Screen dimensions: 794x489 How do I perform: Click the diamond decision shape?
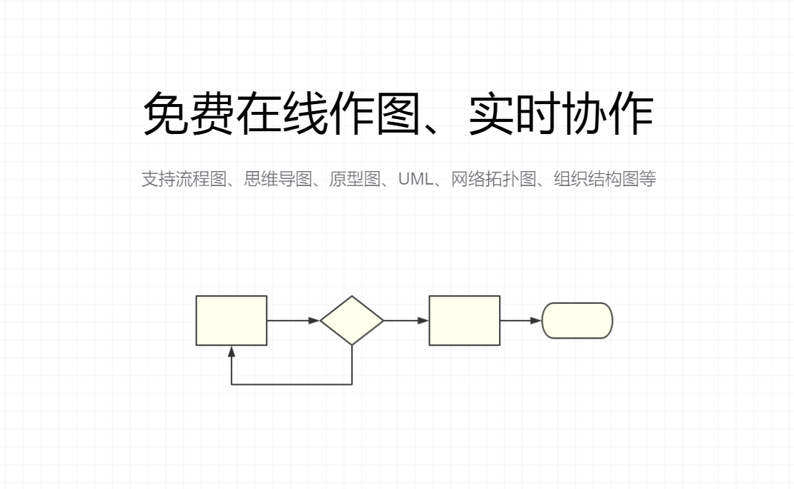click(x=352, y=321)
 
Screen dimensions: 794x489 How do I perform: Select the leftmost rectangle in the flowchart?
click(x=232, y=321)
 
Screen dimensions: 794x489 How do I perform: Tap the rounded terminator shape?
click(x=577, y=321)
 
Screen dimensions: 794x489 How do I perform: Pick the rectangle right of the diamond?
click(x=464, y=321)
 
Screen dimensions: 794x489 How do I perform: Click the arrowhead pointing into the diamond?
click(x=314, y=321)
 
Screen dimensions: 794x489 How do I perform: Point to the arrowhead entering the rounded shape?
click(x=536, y=321)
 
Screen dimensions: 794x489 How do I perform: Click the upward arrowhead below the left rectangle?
click(x=232, y=352)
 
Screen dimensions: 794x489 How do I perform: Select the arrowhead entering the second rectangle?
click(x=423, y=321)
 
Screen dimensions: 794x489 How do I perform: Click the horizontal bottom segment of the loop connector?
click(x=292, y=384)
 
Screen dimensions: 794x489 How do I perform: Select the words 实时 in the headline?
click(x=514, y=113)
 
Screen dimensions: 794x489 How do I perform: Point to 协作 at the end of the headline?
click(x=607, y=113)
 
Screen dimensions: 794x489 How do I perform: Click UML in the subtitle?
click(x=416, y=179)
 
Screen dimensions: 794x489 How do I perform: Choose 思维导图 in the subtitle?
click(x=278, y=179)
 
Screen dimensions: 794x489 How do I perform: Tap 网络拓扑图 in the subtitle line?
click(x=494, y=179)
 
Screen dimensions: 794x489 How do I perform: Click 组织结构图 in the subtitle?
click(x=597, y=179)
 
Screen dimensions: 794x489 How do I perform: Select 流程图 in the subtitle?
click(x=201, y=179)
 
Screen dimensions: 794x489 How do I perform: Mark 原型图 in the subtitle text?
click(x=355, y=179)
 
